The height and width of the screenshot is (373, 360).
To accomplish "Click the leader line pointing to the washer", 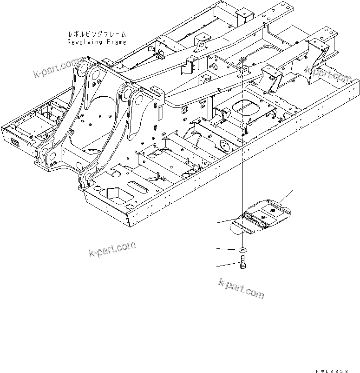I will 228,250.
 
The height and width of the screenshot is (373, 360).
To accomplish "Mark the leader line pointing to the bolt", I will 228,266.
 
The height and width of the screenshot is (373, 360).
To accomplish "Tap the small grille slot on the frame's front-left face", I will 15,143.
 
